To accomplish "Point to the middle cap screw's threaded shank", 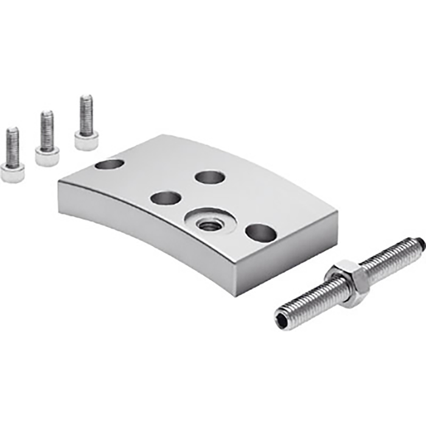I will (x=47, y=130).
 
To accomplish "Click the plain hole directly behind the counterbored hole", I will (x=210, y=177).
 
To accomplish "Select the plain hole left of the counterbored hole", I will (x=166, y=198).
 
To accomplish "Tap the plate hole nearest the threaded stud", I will (x=261, y=232).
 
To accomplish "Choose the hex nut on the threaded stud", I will (x=347, y=284).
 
